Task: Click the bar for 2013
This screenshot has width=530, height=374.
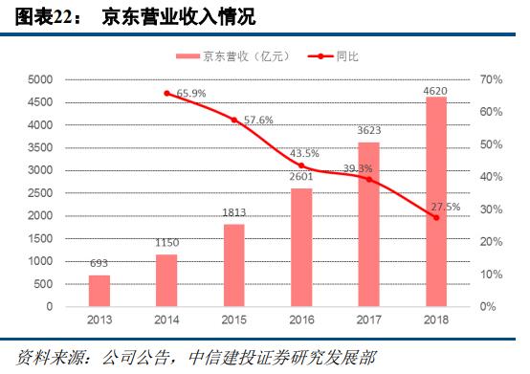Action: click(99, 291)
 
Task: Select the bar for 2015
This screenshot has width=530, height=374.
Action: click(234, 265)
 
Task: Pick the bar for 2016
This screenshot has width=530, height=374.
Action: click(301, 247)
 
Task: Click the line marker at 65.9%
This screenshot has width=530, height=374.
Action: click(167, 94)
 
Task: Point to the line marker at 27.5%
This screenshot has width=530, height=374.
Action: click(435, 218)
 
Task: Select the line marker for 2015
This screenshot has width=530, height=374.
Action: click(234, 121)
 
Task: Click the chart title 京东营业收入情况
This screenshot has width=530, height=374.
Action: click(181, 16)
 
